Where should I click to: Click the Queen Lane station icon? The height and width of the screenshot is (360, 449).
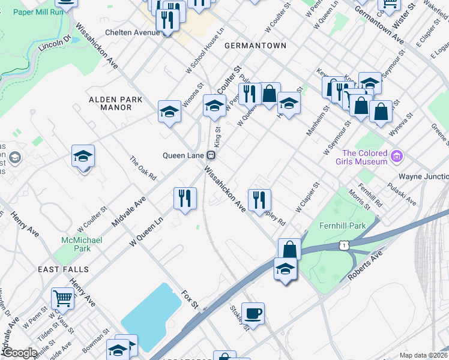[211, 155]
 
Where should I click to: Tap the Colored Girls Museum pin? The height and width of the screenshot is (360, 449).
[396, 157]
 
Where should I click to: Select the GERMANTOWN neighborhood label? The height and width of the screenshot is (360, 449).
[255, 46]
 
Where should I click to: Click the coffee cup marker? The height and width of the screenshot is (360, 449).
[253, 312]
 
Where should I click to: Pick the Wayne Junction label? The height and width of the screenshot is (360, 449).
[424, 177]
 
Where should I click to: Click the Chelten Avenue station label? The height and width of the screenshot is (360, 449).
[131, 32]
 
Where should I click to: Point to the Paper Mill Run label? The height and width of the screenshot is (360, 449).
[38, 11]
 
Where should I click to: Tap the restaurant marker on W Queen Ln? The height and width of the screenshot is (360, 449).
[185, 197]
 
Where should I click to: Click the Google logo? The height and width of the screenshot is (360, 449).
[19, 353]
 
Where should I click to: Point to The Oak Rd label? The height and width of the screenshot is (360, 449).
[143, 169]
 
